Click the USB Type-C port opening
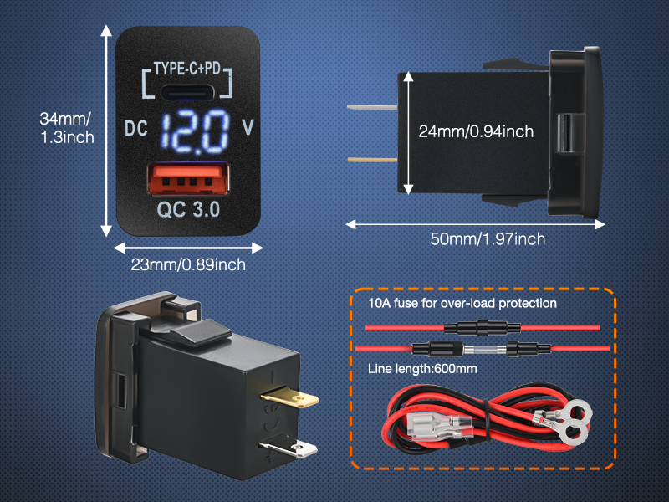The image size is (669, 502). tap(187, 92)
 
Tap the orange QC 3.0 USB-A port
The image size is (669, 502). tap(188, 178)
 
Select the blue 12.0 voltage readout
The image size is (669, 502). tap(195, 131)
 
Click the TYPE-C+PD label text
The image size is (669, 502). tap(186, 69)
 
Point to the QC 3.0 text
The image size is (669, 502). tap(188, 210)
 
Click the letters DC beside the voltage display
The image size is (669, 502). tap(136, 129)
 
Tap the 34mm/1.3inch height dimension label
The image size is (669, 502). tap(67, 128)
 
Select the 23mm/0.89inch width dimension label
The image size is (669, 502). tap(188, 264)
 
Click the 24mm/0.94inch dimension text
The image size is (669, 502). tap(476, 131)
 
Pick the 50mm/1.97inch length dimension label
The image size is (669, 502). tap(488, 239)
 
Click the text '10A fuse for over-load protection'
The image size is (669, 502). tap(462, 303)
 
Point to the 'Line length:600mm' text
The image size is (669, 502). tap(422, 369)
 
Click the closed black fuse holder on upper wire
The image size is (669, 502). tap(483, 328)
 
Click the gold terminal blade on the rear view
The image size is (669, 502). tap(289, 397)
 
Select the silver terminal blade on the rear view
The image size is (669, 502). tap(289, 448)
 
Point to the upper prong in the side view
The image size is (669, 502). tap(372, 107)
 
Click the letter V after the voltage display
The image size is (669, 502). tap(248, 127)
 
